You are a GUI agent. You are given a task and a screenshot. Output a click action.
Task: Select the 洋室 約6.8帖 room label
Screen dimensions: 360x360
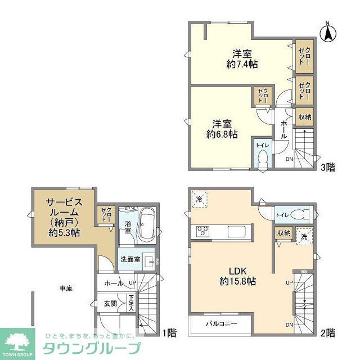coord(222,129)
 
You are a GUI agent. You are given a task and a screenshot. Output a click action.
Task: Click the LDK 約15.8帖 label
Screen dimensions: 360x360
coord(237,275)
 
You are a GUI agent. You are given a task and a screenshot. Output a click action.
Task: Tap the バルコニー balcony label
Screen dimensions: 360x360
coord(220,324)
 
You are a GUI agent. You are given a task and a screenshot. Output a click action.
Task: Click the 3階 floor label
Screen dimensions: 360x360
coord(328,166)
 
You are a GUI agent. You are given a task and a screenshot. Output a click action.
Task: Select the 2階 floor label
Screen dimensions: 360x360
coord(329,331)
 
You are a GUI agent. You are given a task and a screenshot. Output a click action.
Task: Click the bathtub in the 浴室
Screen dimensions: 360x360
coord(148,223)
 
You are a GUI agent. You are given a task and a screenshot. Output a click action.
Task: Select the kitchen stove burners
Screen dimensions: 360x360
coord(202,231)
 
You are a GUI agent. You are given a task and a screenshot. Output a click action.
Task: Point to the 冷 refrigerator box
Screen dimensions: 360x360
coord(200,200)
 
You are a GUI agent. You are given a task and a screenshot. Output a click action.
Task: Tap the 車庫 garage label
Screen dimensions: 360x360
coord(66,288)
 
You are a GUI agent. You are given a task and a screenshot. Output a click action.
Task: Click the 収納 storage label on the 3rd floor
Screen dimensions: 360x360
coord(305,116)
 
